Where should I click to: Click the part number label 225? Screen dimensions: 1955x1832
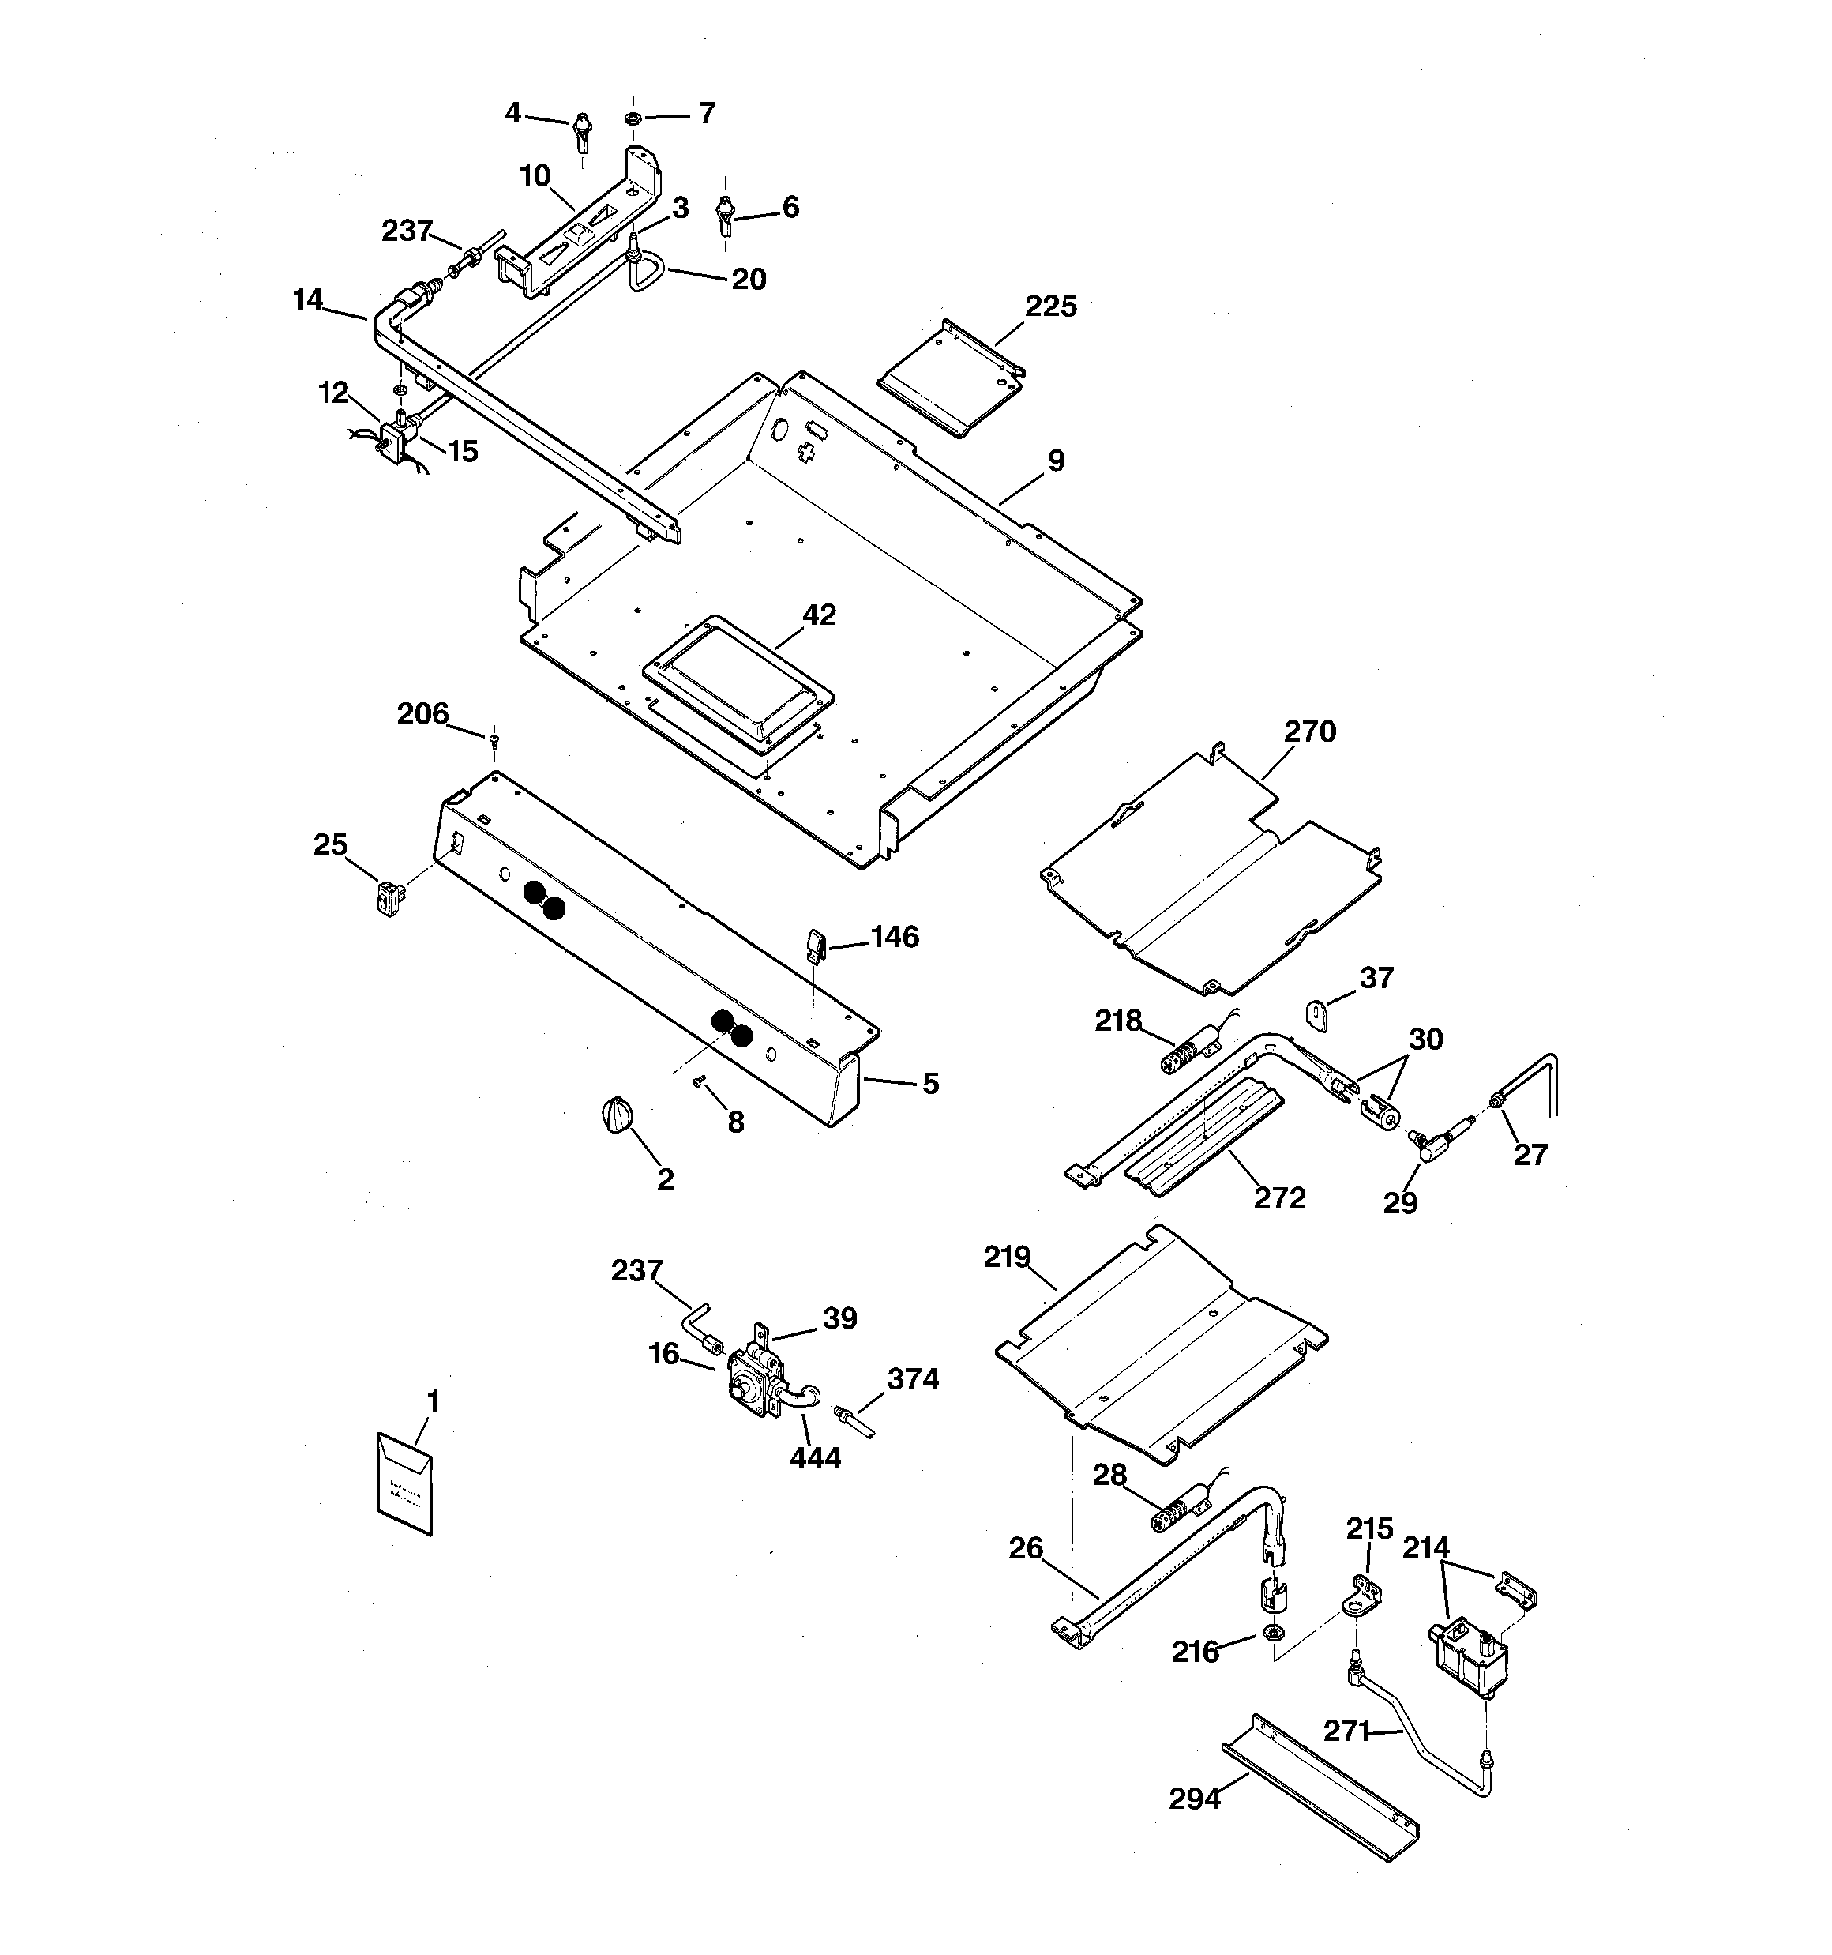1050,306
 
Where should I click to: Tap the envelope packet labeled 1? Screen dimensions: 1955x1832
404,1483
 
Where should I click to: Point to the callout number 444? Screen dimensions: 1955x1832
815,1457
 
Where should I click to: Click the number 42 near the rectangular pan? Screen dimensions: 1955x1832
818,615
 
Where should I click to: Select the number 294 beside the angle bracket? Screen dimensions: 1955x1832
1195,1799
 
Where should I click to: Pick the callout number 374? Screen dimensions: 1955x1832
913,1380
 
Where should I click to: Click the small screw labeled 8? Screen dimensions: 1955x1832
699,1081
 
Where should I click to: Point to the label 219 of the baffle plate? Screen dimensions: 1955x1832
1007,1257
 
